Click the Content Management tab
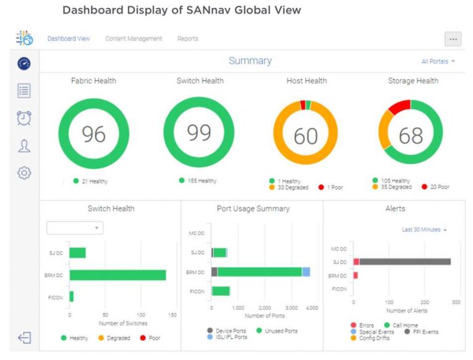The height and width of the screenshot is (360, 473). (x=134, y=39)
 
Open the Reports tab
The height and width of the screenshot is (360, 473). (x=188, y=39)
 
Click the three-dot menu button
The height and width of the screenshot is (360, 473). (x=453, y=39)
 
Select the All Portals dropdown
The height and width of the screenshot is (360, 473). (x=438, y=62)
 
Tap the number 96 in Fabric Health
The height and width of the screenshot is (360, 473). (x=94, y=134)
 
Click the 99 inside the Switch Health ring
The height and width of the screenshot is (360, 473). (x=199, y=132)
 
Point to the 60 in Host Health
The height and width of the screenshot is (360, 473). (x=305, y=135)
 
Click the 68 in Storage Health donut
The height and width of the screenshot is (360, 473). (x=411, y=135)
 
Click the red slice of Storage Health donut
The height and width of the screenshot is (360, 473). (x=400, y=106)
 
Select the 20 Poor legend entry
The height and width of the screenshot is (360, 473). (x=435, y=187)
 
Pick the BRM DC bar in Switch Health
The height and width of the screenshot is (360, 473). (x=118, y=275)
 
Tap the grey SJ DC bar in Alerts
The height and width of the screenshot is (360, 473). (x=405, y=262)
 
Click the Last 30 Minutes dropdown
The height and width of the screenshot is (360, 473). (x=424, y=230)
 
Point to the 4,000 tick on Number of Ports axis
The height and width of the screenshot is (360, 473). (x=312, y=308)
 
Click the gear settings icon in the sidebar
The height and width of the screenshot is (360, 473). (x=24, y=173)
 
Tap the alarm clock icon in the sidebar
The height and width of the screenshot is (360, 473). (x=24, y=118)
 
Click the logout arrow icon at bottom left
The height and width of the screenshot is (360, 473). (x=24, y=338)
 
